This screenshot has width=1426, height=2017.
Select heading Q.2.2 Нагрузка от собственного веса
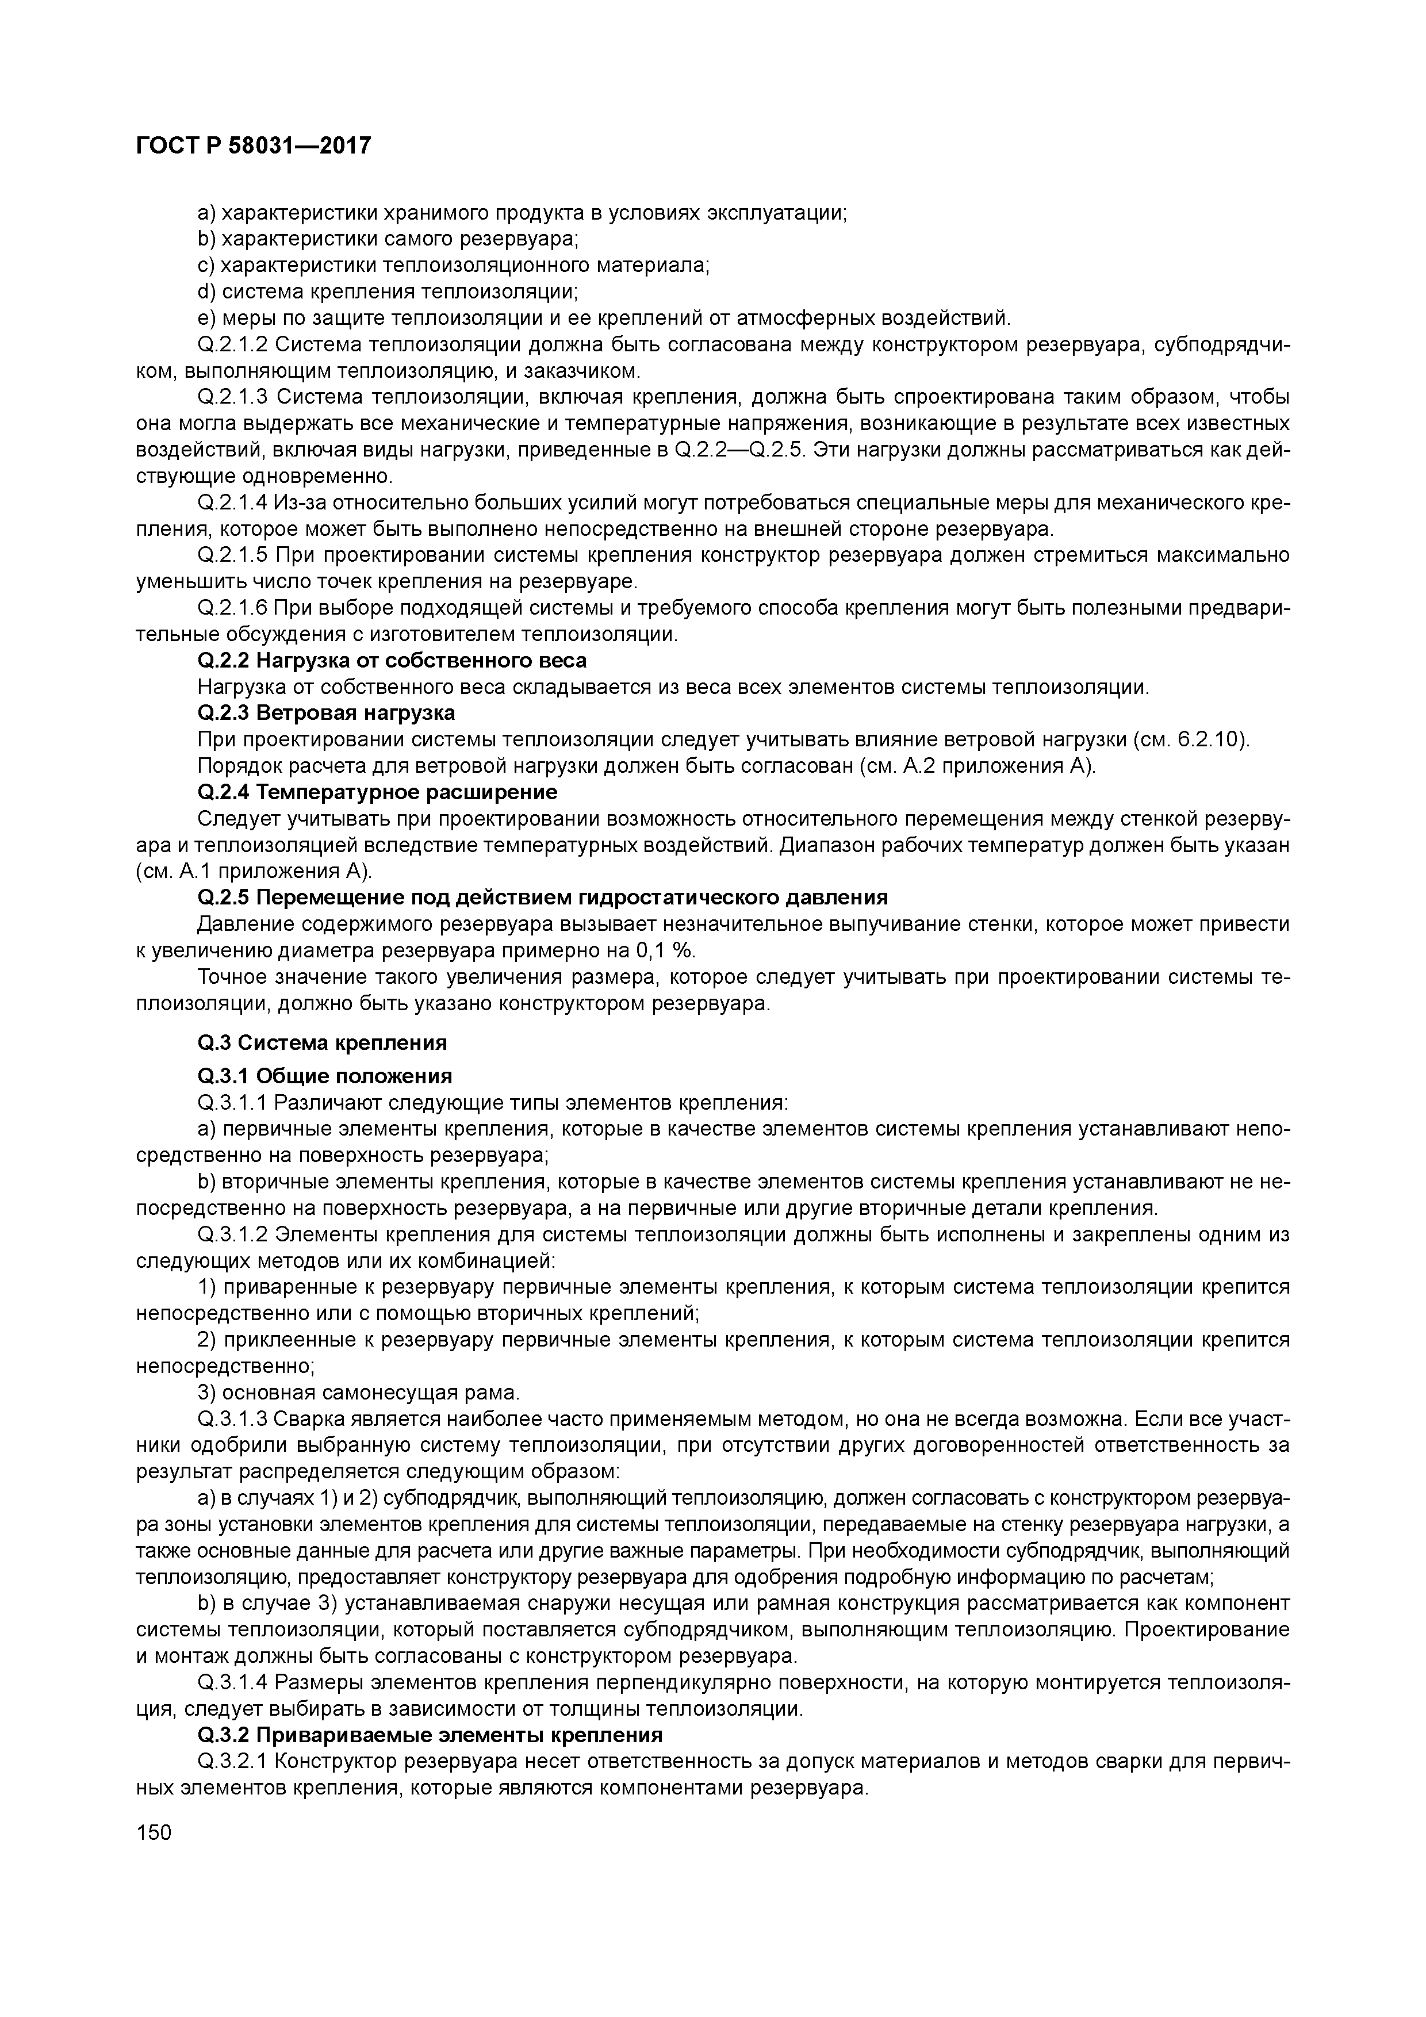tap(392, 659)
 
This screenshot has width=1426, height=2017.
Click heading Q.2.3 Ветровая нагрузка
tap(326, 712)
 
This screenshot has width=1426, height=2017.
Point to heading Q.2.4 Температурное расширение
tap(377, 792)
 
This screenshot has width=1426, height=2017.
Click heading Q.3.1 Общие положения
tap(325, 1076)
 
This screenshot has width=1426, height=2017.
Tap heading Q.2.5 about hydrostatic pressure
tap(542, 897)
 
